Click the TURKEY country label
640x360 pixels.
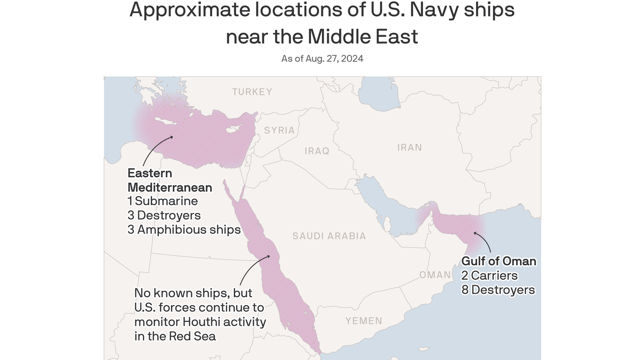click(x=252, y=92)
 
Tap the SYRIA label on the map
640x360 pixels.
click(x=279, y=130)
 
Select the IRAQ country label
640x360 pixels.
click(x=317, y=151)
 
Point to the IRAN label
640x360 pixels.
click(x=409, y=148)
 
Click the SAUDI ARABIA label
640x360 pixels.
click(x=329, y=236)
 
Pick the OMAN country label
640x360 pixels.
click(x=435, y=275)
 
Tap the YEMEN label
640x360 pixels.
click(x=364, y=321)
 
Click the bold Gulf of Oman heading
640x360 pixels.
click(x=499, y=261)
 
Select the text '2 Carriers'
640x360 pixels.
click(x=489, y=276)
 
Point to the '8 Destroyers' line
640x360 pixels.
click(x=498, y=290)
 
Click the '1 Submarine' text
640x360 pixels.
click(x=163, y=201)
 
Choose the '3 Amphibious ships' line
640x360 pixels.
click(x=184, y=230)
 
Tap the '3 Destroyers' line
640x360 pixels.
click(x=164, y=215)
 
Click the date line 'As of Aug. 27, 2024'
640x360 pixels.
click(x=322, y=59)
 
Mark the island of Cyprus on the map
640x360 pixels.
click(x=233, y=130)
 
